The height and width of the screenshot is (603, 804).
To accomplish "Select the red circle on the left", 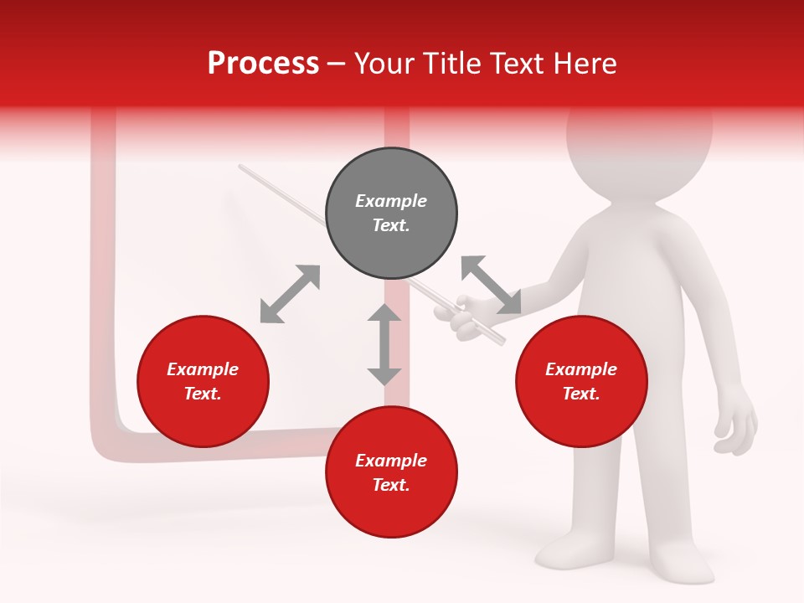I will tap(203, 381).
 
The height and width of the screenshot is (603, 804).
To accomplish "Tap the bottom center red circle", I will tap(391, 472).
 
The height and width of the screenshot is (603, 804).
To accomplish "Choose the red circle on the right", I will tap(581, 381).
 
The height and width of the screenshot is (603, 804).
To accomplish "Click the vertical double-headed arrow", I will tap(384, 344).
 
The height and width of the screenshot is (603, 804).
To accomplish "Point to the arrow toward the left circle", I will tap(290, 293).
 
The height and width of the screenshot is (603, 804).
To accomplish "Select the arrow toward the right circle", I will tap(491, 285).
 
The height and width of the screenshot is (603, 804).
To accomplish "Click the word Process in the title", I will tap(263, 63).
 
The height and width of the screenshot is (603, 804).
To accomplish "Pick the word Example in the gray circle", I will tap(391, 201).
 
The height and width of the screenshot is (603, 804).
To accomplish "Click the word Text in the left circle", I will tap(203, 394).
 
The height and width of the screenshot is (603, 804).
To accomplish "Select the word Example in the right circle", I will tap(581, 369).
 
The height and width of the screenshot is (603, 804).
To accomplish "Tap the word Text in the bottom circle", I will tap(391, 485).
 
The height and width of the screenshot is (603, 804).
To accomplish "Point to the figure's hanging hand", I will tap(737, 423).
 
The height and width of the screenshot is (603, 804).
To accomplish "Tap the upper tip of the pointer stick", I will tap(241, 167).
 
